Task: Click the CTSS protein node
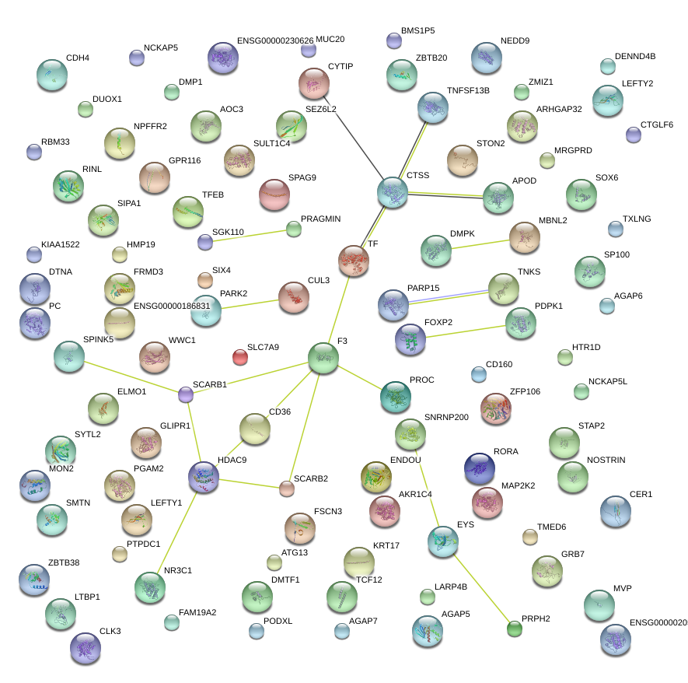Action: [x=393, y=192]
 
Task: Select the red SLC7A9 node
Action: [x=241, y=358]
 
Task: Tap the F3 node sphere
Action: [x=323, y=358]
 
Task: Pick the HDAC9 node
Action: [x=204, y=477]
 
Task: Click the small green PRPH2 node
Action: [x=514, y=628]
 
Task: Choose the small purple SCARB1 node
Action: [x=186, y=395]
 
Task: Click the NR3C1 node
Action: [x=149, y=587]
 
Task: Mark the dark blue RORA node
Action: [x=479, y=468]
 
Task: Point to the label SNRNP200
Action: [x=446, y=418]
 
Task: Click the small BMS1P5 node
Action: [x=393, y=40]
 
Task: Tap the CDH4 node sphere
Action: [x=52, y=75]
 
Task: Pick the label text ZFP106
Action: [x=525, y=391]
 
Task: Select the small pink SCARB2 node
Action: [x=287, y=489]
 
